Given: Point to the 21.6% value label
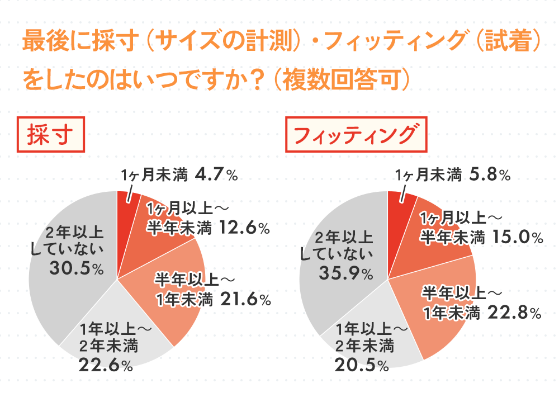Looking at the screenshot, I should coord(245,300).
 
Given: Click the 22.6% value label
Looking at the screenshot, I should coord(106,366).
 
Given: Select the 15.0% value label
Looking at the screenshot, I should coord(517,238).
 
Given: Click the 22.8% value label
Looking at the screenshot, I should coord(514,313).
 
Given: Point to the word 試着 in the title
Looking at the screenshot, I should coord(502,42).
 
